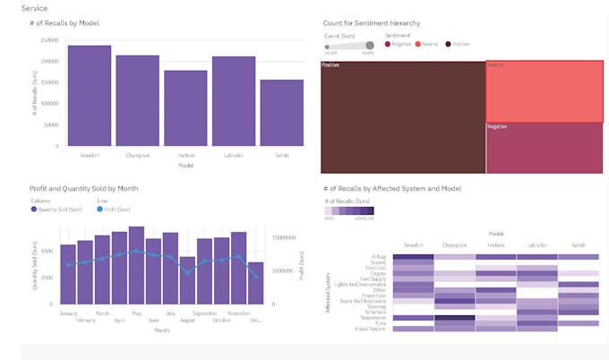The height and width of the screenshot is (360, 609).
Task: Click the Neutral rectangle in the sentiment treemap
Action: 544,91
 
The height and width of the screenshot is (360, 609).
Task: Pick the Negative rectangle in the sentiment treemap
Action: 544,148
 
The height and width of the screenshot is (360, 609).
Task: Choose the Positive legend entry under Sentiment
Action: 459,44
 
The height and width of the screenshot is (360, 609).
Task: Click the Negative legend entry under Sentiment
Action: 399,44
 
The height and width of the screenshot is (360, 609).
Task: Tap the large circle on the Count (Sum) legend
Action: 369,45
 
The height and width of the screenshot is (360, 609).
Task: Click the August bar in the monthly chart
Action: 187,280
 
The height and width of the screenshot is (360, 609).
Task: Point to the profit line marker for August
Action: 187,271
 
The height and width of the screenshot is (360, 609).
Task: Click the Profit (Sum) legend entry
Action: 114,209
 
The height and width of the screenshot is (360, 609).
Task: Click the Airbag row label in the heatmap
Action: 376,256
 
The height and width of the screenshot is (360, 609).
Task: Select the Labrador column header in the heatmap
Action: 537,244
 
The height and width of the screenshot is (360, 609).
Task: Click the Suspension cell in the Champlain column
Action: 454,318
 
